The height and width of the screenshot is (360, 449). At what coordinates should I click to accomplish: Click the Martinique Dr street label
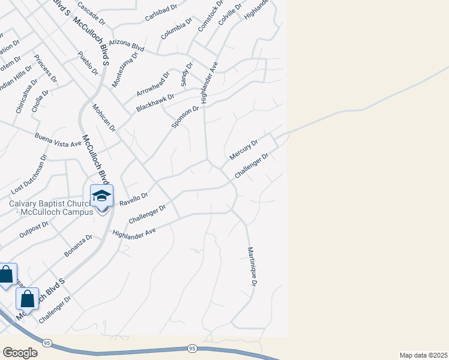coord(254,268)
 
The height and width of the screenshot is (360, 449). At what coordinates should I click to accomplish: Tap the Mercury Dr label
coord(243,151)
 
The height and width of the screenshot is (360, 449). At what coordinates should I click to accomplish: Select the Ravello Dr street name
coord(134,199)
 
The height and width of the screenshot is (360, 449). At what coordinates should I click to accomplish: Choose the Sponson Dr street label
coord(185,117)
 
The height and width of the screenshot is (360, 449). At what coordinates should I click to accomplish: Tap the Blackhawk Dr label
coord(155,102)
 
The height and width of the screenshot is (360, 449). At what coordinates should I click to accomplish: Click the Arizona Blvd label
coord(127,46)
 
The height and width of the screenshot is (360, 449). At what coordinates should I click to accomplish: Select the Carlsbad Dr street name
coord(162,14)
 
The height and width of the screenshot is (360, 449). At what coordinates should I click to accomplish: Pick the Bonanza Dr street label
coord(79,246)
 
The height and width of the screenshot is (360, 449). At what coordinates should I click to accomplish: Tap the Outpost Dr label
coord(34,229)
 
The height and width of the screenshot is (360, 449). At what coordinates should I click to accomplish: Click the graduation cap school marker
coord(101,196)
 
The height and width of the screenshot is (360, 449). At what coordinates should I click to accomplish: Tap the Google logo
coord(20,353)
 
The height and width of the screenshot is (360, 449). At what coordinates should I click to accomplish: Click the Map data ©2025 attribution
coord(423,355)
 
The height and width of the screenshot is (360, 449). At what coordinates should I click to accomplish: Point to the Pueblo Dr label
coord(88,63)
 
